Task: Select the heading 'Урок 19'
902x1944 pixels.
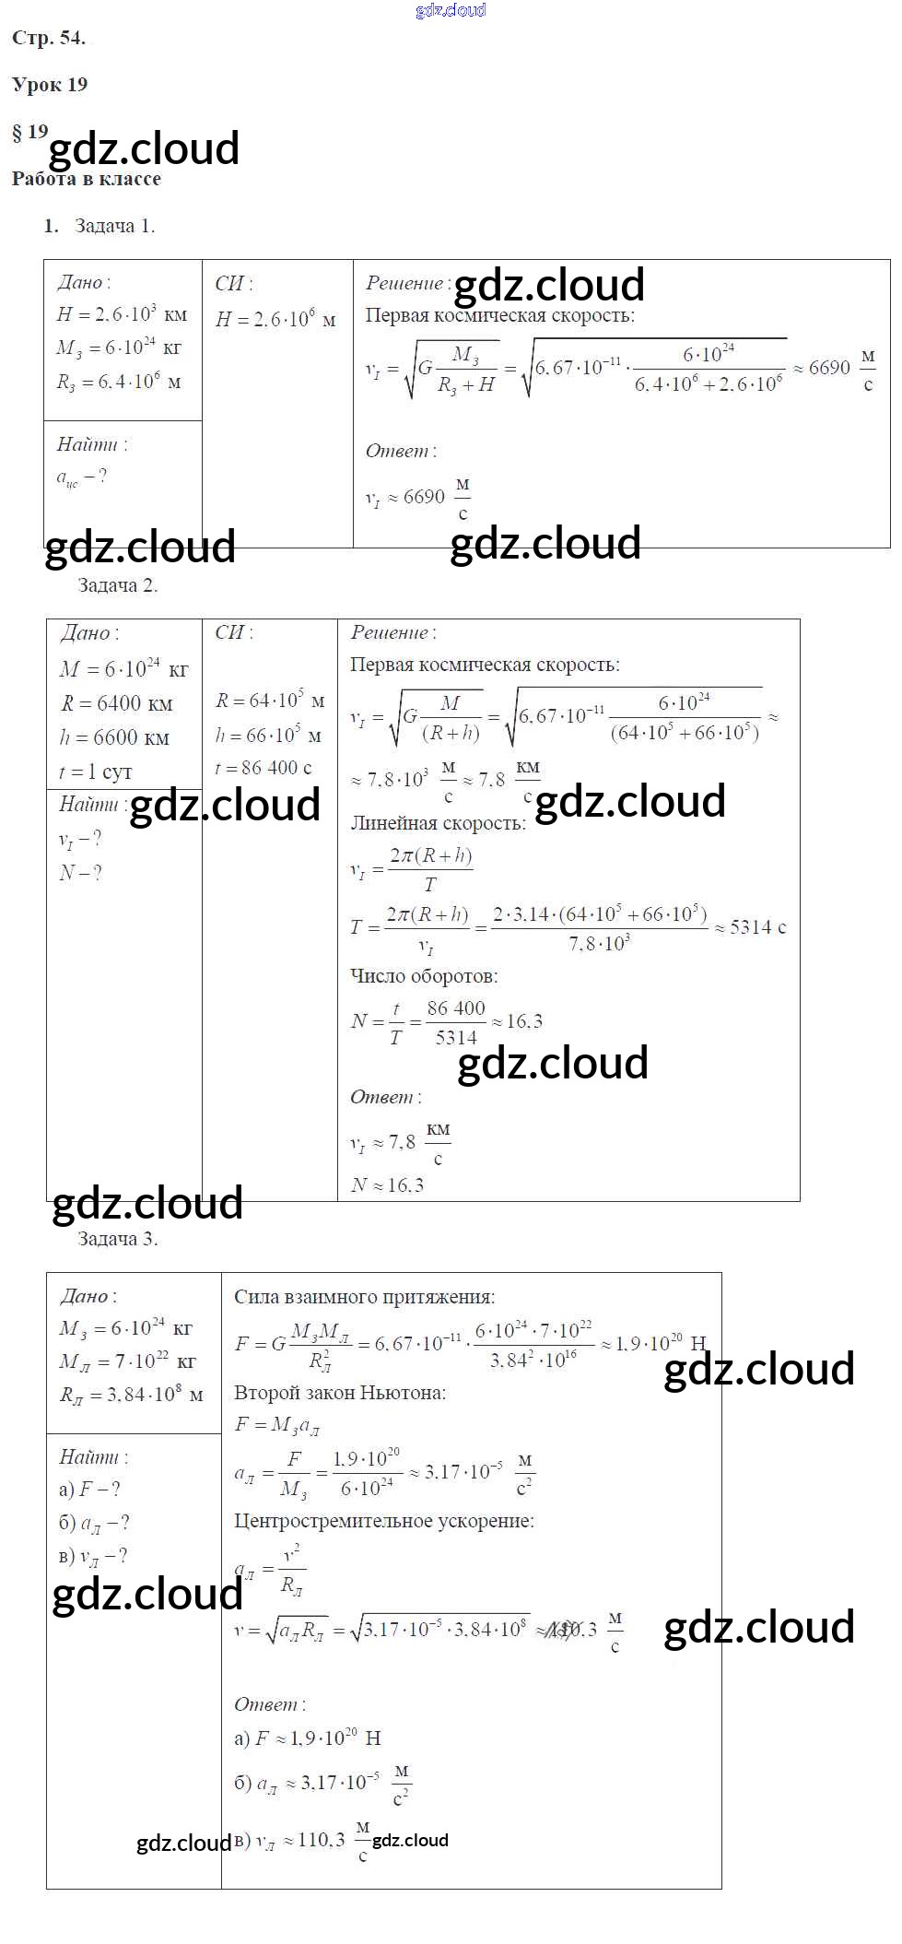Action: click(50, 85)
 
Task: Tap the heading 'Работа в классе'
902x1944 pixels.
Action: click(86, 179)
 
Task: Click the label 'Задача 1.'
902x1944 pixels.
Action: click(114, 226)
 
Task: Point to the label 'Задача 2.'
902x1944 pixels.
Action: click(117, 585)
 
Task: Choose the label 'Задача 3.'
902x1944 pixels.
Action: click(117, 1240)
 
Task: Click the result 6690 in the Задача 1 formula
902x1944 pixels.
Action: click(829, 369)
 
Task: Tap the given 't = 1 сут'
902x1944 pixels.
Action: click(96, 772)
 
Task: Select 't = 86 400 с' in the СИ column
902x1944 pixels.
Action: click(264, 768)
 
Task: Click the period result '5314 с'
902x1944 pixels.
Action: click(757, 927)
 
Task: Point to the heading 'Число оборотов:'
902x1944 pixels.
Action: click(424, 976)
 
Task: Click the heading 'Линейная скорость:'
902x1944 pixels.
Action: click(438, 823)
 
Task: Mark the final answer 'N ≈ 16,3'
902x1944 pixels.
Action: click(387, 1185)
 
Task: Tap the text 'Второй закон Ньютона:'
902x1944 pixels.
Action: click(340, 1393)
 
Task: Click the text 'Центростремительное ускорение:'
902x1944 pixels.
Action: click(384, 1521)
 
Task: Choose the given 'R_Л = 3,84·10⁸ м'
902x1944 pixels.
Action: click(131, 1395)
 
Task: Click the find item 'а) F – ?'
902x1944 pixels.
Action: click(89, 1490)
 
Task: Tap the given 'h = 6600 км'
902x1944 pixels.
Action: click(114, 738)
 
